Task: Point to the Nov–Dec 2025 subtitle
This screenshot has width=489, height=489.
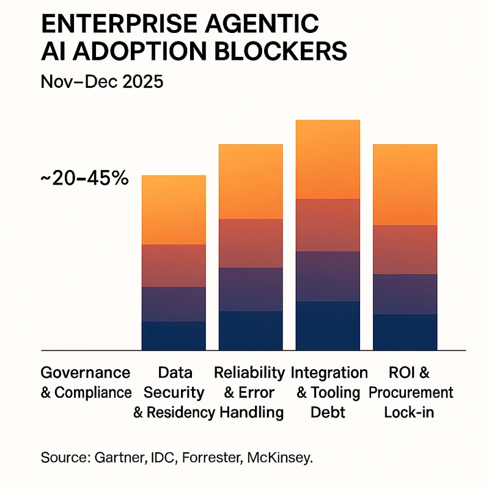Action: coord(103,81)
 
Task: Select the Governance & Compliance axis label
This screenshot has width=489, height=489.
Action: coord(86,383)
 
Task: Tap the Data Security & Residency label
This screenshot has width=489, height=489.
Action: coord(174,392)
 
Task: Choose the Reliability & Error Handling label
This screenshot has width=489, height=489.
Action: coord(249,392)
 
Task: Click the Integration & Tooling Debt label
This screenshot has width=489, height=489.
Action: coord(329,392)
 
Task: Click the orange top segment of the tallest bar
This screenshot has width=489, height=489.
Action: coord(328,159)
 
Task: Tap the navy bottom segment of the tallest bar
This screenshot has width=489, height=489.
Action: coord(328,326)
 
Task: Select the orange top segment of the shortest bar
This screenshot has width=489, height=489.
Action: coord(174,210)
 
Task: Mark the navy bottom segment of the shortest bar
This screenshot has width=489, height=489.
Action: coord(174,336)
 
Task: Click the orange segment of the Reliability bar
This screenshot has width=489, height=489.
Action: coord(251,182)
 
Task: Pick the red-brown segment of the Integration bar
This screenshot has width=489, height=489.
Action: coord(328,224)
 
